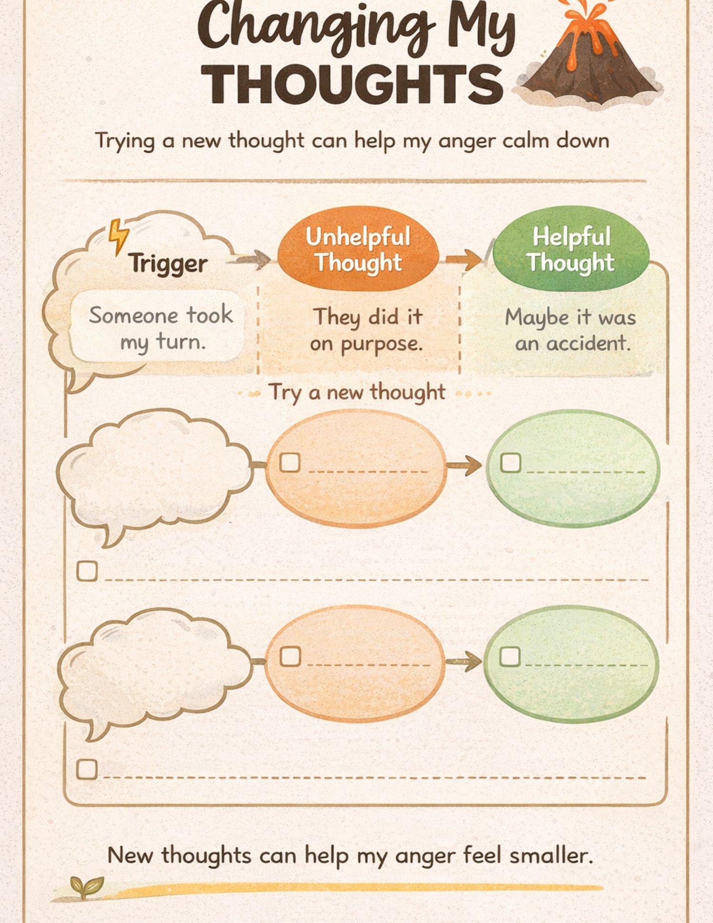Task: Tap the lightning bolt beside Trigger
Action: pyautogui.click(x=118, y=236)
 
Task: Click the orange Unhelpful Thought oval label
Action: pyautogui.click(x=358, y=249)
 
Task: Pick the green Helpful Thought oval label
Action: pyautogui.click(x=571, y=249)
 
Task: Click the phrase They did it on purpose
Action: pyautogui.click(x=366, y=330)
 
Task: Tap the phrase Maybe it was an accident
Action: pyautogui.click(x=570, y=330)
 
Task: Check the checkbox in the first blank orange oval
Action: pyautogui.click(x=290, y=462)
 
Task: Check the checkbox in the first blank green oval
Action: pyautogui.click(x=511, y=462)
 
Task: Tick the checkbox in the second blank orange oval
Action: pyautogui.click(x=290, y=656)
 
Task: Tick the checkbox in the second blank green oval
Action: pyautogui.click(x=510, y=656)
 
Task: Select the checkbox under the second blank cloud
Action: pyautogui.click(x=87, y=769)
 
